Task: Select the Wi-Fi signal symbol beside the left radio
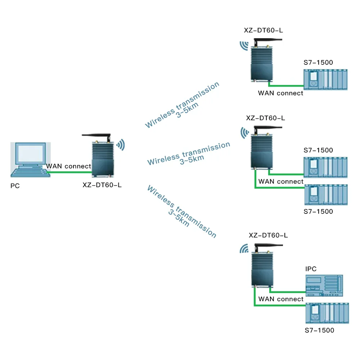coord(120,144)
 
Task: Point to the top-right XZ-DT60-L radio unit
coord(260,63)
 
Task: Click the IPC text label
coord(311,269)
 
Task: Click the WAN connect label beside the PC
coord(69,166)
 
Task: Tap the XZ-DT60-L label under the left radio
coord(102,185)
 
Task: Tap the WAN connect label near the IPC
coord(281,299)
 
